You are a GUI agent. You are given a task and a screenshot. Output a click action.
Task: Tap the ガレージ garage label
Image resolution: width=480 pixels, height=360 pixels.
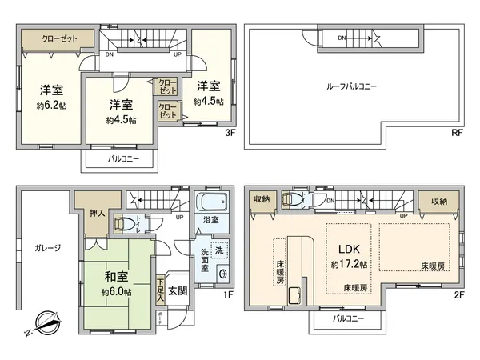(x=47, y=248)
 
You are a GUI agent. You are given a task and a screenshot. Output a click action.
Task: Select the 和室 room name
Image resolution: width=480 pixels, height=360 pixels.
(x=117, y=278)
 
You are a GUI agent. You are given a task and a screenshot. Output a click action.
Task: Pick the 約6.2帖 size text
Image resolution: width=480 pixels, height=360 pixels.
(x=50, y=105)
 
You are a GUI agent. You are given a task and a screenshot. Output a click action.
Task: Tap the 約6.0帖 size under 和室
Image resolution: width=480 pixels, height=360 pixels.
(x=117, y=294)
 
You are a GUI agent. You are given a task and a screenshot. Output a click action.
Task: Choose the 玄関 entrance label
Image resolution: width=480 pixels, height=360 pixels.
(x=178, y=292)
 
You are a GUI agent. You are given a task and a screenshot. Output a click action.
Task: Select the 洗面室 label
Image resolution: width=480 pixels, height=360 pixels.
(x=204, y=262)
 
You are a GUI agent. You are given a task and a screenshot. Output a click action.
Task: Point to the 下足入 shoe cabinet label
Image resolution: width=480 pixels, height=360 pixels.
(x=161, y=289)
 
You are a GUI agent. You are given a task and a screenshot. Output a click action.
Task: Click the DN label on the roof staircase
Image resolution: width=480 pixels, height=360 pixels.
(x=342, y=37)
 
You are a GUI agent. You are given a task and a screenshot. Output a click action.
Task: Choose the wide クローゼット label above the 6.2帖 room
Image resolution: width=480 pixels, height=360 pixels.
(x=49, y=38)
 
